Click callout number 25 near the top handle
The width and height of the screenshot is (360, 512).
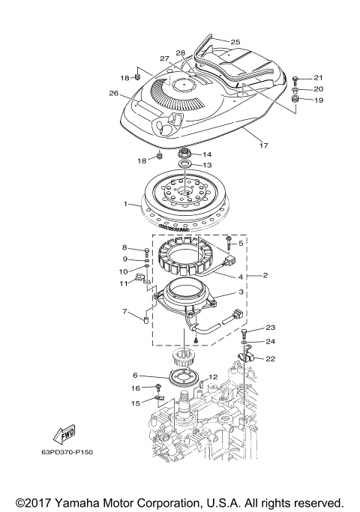235,42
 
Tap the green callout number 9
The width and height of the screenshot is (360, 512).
125,259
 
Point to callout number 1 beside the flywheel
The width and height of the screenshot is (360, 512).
126,204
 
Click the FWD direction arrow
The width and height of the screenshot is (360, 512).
67,433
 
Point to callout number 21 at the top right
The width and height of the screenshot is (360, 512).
317,78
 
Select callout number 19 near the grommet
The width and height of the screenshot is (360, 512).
317,100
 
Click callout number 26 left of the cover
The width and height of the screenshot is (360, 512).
114,94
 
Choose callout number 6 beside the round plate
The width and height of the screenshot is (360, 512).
135,375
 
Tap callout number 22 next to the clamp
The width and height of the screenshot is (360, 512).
271,358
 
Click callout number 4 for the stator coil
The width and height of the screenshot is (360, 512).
241,277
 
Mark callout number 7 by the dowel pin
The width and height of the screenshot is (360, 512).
125,311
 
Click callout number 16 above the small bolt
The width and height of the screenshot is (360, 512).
136,388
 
